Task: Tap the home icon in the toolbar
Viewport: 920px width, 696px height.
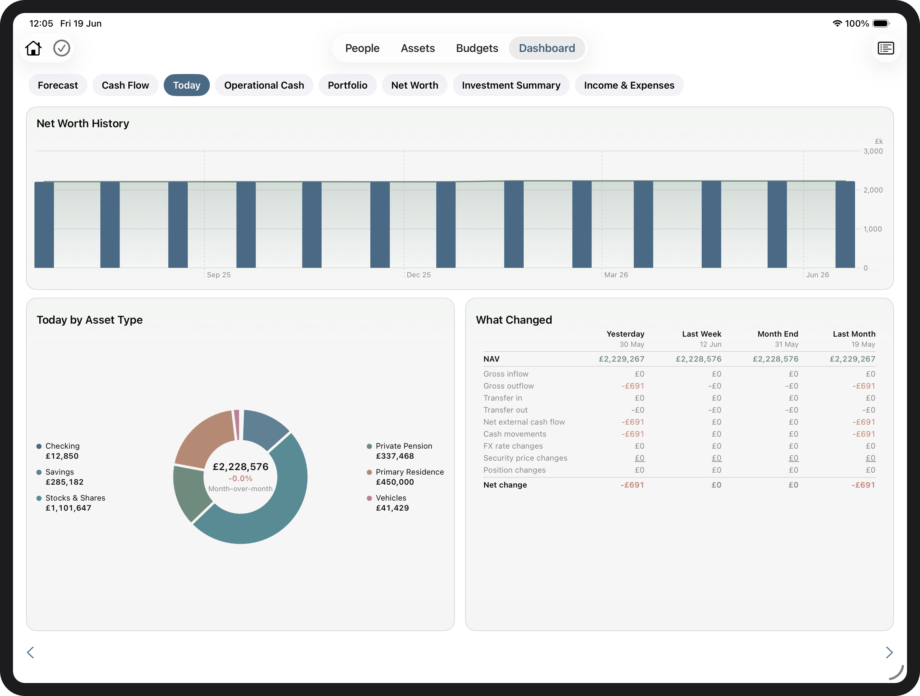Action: (33, 48)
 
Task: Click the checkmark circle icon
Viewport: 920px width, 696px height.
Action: (61, 48)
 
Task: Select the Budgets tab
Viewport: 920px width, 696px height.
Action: (477, 48)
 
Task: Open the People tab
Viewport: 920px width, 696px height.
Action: (362, 48)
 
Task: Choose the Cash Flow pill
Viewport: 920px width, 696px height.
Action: (125, 85)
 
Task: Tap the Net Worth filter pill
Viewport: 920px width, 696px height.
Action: (415, 85)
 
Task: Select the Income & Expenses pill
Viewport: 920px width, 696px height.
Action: (629, 85)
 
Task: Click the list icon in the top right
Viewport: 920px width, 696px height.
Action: (886, 48)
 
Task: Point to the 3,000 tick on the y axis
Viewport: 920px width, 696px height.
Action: (873, 151)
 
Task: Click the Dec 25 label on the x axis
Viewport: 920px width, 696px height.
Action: (418, 275)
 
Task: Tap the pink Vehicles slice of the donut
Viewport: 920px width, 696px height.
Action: (236, 424)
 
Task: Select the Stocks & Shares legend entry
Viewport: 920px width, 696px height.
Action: (71, 503)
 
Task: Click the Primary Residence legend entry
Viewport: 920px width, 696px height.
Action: (405, 477)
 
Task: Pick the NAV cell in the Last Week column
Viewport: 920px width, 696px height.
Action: (699, 359)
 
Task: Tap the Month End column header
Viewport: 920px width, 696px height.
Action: (778, 334)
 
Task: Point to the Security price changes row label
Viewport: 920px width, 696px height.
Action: (525, 458)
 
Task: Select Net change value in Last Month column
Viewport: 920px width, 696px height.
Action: (863, 485)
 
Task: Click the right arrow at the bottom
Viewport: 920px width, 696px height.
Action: (889, 652)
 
